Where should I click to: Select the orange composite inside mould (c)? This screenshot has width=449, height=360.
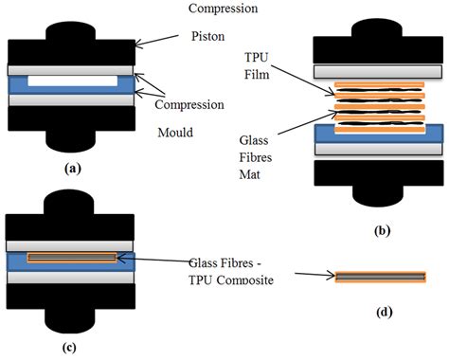click(72, 258)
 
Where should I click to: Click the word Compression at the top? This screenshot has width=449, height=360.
click(224, 9)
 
